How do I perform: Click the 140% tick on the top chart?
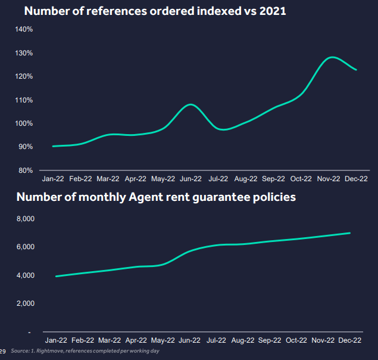point(24,29)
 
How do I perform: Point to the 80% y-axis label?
point(26,170)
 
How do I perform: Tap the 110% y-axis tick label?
point(24,100)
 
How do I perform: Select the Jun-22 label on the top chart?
point(190,178)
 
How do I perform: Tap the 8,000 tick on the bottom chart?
point(25,219)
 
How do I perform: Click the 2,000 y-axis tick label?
point(25,304)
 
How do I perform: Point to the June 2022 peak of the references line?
point(190,104)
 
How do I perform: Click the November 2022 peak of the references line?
point(332,57)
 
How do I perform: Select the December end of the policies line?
point(350,233)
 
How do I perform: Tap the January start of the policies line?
point(56,276)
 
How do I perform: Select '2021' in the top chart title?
point(271,11)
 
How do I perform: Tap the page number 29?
point(3,351)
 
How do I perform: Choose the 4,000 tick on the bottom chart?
point(25,275)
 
